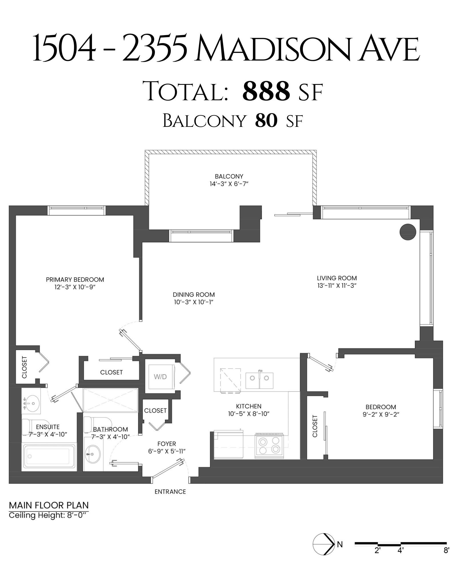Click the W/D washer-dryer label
(160, 377)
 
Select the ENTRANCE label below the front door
(170, 492)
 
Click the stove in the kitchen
(269, 446)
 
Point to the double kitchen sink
(259, 380)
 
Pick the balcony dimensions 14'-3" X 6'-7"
(229, 184)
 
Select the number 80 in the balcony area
(266, 121)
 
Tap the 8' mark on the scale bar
(446, 550)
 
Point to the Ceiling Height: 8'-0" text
(47, 516)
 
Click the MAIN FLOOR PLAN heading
(49, 505)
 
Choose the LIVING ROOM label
(337, 278)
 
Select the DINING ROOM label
(194, 294)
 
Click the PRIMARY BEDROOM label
(75, 279)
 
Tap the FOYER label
(167, 444)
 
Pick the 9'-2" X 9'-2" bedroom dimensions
(381, 414)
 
